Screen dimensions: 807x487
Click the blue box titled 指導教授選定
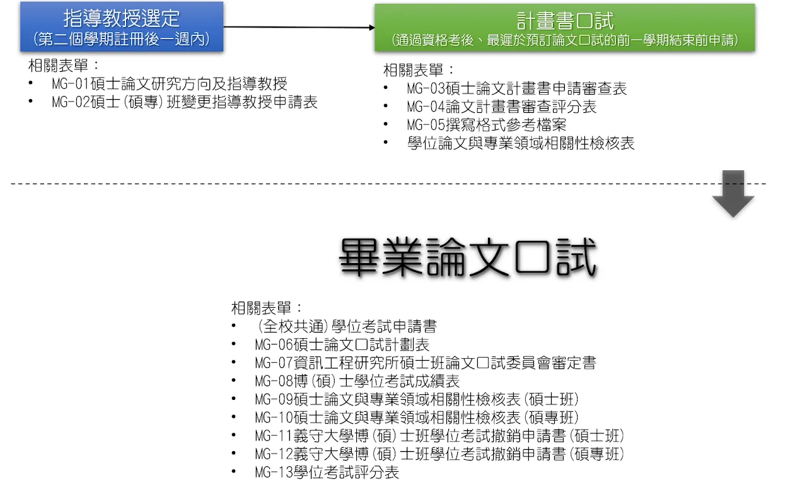point(122,26)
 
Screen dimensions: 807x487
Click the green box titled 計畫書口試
point(565,28)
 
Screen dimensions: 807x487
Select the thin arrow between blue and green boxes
point(299,27)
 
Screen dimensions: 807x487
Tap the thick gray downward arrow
point(733,194)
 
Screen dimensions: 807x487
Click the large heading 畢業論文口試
point(468,257)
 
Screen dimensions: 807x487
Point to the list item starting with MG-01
point(170,84)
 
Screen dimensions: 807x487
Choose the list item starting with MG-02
point(185,102)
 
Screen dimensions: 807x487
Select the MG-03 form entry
point(516,88)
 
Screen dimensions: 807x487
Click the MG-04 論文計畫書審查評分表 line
point(501,107)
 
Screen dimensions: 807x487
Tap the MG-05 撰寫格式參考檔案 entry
point(486,125)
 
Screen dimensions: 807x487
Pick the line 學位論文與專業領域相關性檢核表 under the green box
point(521,143)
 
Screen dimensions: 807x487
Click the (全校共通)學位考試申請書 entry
point(347,326)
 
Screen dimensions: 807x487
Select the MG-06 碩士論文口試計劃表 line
point(342,344)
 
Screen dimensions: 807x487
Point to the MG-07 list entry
point(426,363)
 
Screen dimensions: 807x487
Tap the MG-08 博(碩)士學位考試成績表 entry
point(357,381)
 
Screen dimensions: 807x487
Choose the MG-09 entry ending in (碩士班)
point(417,399)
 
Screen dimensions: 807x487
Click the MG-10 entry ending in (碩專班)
point(417,418)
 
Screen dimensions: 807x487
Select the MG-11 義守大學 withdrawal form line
point(440,436)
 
